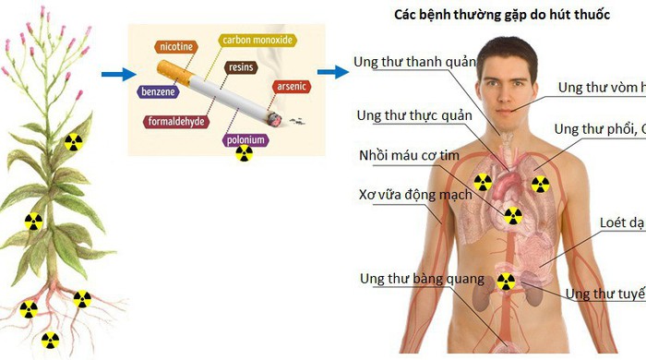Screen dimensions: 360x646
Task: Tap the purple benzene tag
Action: (x=160, y=91)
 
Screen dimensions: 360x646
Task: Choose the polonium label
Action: (x=245, y=139)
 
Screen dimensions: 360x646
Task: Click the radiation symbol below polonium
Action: (x=245, y=153)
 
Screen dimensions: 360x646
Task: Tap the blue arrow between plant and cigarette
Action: (x=114, y=75)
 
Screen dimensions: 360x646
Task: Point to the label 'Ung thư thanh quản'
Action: (x=413, y=63)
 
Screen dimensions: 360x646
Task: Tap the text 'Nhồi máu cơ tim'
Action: (x=409, y=155)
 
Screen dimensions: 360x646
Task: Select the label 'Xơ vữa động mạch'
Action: (x=414, y=195)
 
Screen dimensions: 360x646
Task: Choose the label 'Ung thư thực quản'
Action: (x=413, y=115)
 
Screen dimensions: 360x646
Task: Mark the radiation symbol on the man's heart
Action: (x=512, y=216)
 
